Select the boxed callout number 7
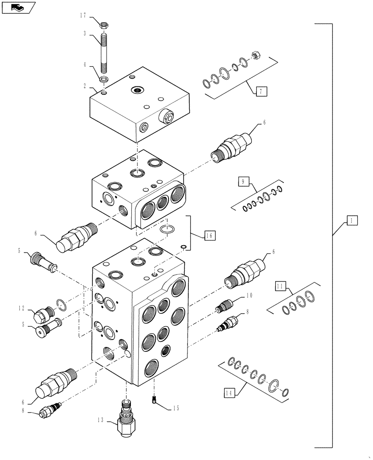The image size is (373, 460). click(x=260, y=92)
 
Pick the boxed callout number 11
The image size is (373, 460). click(x=279, y=287)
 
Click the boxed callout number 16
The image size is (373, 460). click(x=209, y=236)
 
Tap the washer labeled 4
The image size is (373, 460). click(x=104, y=80)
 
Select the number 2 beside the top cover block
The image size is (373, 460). click(x=85, y=86)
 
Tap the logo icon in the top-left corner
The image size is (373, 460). click(x=17, y=7)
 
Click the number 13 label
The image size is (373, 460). click(x=100, y=420)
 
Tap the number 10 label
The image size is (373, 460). click(x=249, y=295)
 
